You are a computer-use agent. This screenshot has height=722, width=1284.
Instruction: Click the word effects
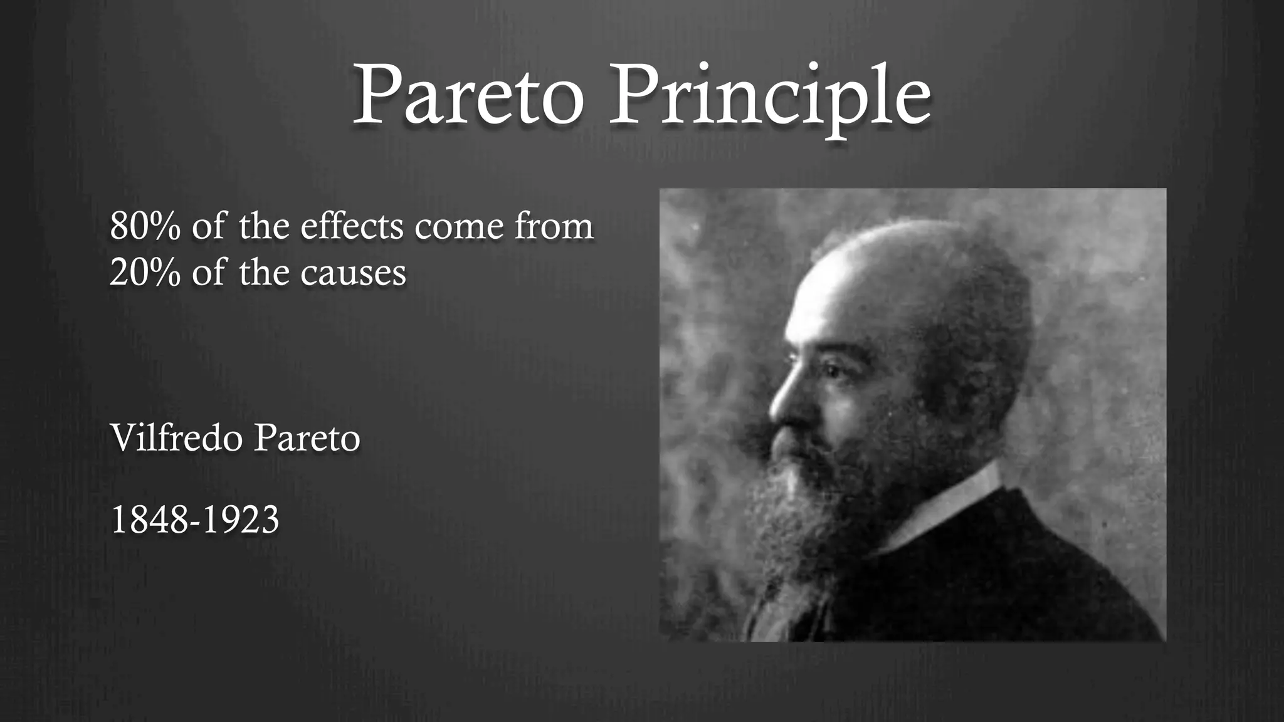click(352, 226)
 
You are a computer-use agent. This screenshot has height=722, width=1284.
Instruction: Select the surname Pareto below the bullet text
click(307, 439)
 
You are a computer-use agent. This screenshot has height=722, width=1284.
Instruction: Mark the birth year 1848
click(149, 520)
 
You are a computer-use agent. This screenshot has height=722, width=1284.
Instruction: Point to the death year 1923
click(241, 520)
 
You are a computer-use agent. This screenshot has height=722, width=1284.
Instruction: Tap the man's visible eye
click(828, 370)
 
